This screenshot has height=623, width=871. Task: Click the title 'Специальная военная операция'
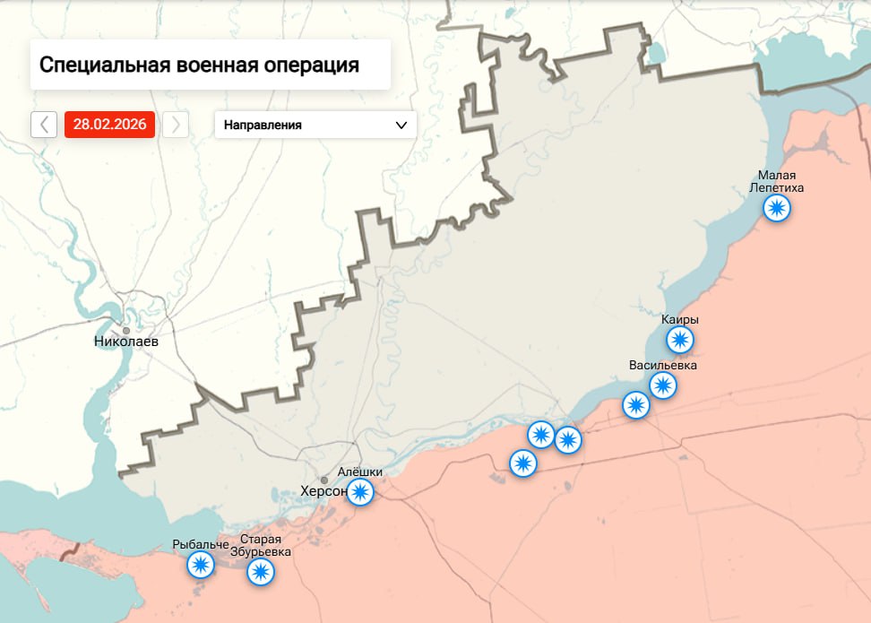click(199, 65)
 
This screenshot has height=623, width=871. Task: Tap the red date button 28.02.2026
click(109, 125)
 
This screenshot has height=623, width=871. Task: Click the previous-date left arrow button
click(44, 125)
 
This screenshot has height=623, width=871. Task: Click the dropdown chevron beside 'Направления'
click(401, 125)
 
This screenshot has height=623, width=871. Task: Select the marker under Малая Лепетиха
click(777, 209)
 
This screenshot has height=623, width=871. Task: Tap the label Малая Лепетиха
click(777, 182)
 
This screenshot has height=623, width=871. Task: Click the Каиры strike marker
click(680, 340)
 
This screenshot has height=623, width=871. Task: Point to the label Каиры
click(680, 320)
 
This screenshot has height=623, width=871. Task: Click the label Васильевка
click(663, 366)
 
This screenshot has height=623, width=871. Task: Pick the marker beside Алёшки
click(360, 491)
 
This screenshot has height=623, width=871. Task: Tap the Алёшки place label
click(360, 472)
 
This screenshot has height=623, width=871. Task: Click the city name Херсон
click(324, 492)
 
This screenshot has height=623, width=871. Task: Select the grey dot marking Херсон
click(324, 480)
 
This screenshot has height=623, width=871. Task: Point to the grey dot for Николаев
click(126, 331)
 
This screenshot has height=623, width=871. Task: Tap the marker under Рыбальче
click(201, 565)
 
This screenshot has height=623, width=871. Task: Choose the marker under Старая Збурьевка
click(261, 572)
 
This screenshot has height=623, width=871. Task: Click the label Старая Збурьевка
click(261, 546)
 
